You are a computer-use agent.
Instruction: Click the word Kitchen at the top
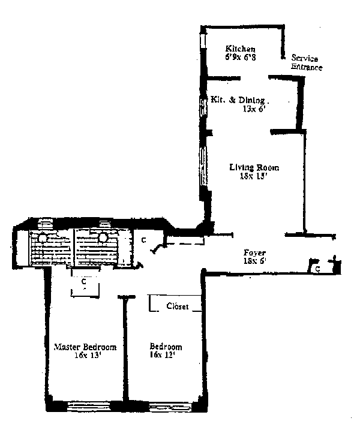coord(241,49)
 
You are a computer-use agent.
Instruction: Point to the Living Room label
coord(254,167)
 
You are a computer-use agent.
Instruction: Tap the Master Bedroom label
coord(85,347)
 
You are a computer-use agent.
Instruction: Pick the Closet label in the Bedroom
coord(177,306)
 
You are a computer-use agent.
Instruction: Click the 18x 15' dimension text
coord(254,177)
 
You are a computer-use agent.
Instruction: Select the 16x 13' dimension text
coord(84,356)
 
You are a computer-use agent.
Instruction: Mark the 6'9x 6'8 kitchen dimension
coord(241,58)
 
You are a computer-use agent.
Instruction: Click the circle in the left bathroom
coord(43,237)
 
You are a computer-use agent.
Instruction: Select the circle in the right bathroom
coord(103,237)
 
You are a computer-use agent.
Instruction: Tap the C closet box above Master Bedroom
coord(85,281)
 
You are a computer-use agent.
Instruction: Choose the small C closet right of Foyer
coord(317,269)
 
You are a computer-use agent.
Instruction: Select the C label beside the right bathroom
coord(144,240)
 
